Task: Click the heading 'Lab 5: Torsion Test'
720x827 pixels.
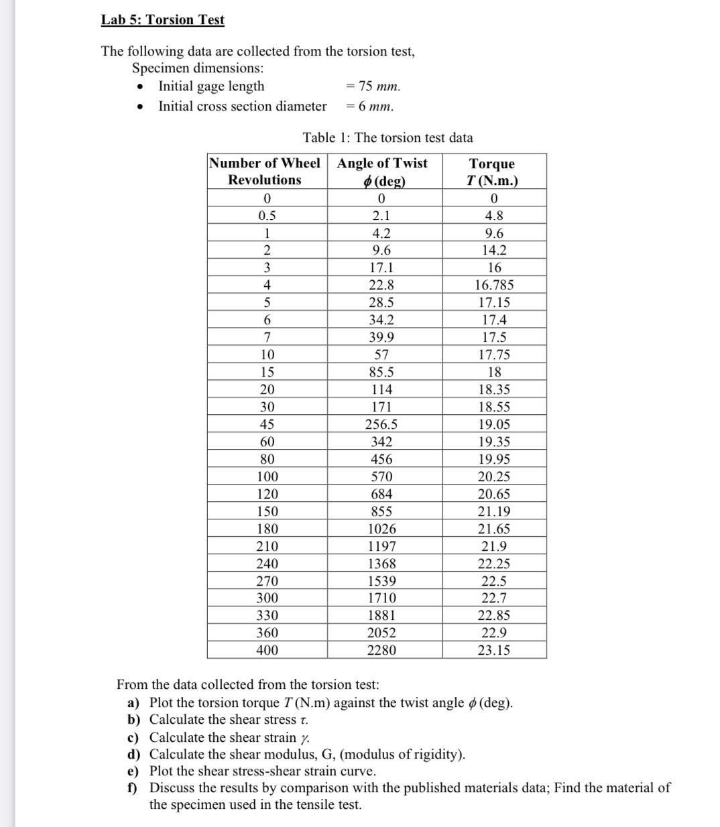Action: pyautogui.click(x=162, y=20)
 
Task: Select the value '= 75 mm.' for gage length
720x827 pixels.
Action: pyautogui.click(x=373, y=86)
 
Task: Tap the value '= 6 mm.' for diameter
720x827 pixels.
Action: pyautogui.click(x=370, y=107)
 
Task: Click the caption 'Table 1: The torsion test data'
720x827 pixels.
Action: pyautogui.click(x=387, y=138)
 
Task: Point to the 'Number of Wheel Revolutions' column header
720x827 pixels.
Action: pyautogui.click(x=265, y=172)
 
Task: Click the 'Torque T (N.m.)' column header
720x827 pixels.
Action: pyautogui.click(x=493, y=172)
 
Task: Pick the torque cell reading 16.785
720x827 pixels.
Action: pyautogui.click(x=494, y=285)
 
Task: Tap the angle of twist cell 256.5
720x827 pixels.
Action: pyautogui.click(x=381, y=425)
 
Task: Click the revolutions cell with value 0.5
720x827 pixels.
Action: pyautogui.click(x=267, y=216)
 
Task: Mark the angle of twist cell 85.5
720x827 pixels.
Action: pyautogui.click(x=381, y=373)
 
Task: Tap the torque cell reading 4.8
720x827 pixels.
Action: pyautogui.click(x=494, y=216)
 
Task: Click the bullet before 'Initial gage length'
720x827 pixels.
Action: pyautogui.click(x=140, y=88)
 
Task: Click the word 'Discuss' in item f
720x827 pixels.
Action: pyautogui.click(x=172, y=788)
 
